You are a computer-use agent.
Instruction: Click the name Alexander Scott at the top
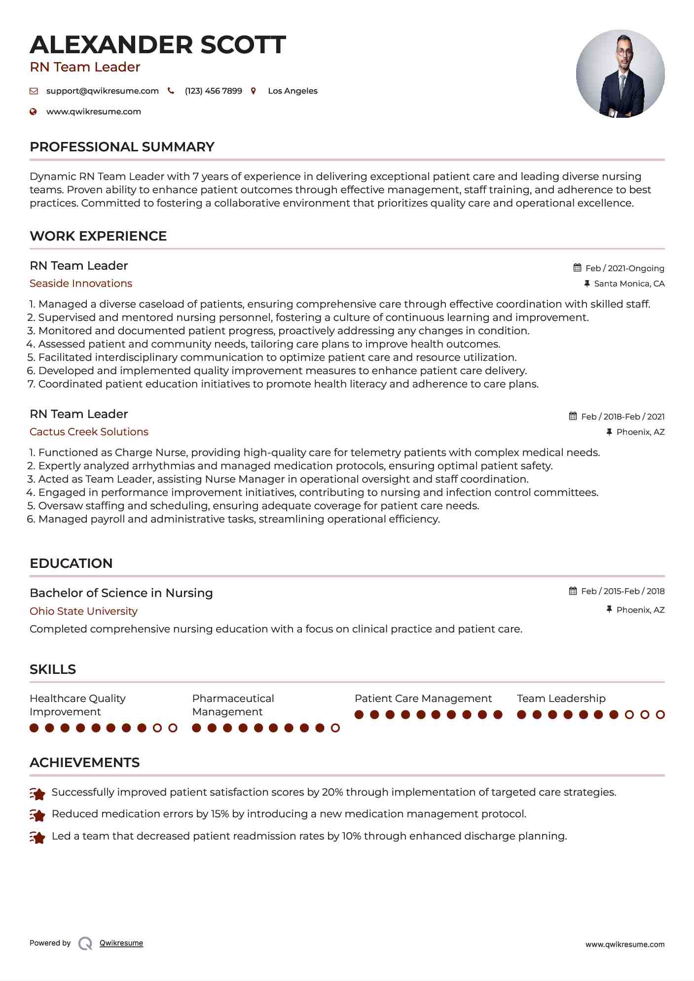pyautogui.click(x=158, y=45)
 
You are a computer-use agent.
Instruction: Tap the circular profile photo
pyautogui.click(x=620, y=74)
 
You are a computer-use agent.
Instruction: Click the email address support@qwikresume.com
pyautogui.click(x=102, y=91)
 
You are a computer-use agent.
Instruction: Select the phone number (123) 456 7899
pyautogui.click(x=213, y=91)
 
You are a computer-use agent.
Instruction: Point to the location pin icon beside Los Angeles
pyautogui.click(x=254, y=91)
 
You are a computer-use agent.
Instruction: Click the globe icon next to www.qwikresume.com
pyautogui.click(x=34, y=112)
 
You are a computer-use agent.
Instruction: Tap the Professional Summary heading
pyautogui.click(x=122, y=147)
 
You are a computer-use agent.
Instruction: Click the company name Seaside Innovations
pyautogui.click(x=81, y=283)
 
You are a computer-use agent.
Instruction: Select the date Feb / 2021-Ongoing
pyautogui.click(x=624, y=268)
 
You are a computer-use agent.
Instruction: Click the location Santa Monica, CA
pyautogui.click(x=629, y=283)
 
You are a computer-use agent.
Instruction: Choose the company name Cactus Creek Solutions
pyautogui.click(x=89, y=432)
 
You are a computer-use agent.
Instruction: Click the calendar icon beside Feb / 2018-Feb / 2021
pyautogui.click(x=573, y=416)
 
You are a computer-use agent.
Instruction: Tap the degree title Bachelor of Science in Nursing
pyautogui.click(x=121, y=593)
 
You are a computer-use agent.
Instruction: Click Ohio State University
pyautogui.click(x=83, y=611)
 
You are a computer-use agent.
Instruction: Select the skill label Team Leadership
pyautogui.click(x=561, y=699)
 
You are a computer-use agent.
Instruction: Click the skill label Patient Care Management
pyautogui.click(x=423, y=699)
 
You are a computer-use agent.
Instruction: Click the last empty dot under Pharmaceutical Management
pyautogui.click(x=335, y=728)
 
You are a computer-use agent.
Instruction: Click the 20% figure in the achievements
pyautogui.click(x=332, y=792)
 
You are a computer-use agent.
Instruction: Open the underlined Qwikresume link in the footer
pyautogui.click(x=121, y=943)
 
